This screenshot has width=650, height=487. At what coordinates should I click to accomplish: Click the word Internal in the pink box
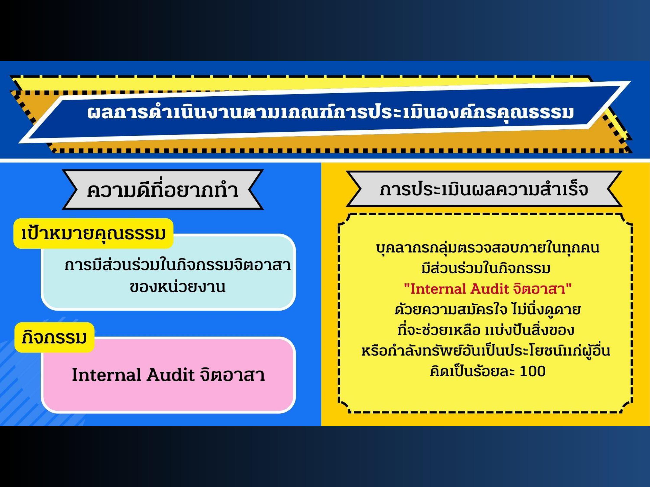click(x=106, y=375)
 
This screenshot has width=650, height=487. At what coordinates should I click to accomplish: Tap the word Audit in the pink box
click(x=171, y=375)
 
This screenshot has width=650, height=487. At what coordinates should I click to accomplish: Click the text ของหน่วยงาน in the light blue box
click(x=177, y=287)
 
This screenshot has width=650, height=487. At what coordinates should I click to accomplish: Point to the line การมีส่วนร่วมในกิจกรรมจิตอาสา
click(x=177, y=265)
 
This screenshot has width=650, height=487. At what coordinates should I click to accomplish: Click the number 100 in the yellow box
click(x=533, y=371)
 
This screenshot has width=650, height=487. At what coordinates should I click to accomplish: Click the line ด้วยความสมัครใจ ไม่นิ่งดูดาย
click(x=488, y=309)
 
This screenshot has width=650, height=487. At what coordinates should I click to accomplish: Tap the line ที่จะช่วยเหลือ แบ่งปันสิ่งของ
click(x=486, y=330)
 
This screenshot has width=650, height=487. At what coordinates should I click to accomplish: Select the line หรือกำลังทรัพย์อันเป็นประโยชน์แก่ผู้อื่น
click(x=486, y=350)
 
